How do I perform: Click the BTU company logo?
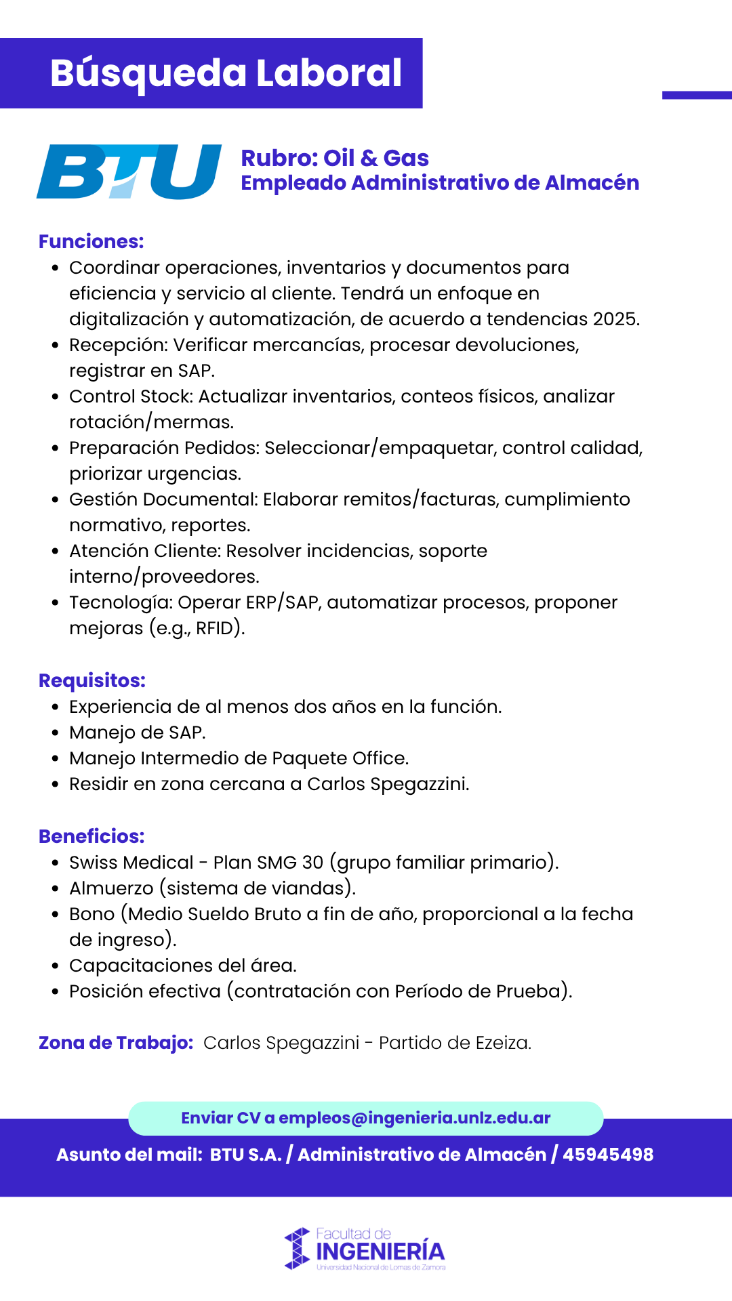[x=129, y=171]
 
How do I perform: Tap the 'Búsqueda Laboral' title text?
[x=226, y=73]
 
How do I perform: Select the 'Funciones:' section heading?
[x=91, y=242]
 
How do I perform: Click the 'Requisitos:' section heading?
[x=92, y=681]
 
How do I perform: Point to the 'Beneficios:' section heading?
[x=91, y=837]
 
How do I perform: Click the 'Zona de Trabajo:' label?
[x=116, y=1043]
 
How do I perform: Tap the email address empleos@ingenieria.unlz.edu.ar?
[x=414, y=1118]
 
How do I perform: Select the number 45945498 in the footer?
[x=608, y=1155]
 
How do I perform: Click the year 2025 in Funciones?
[x=615, y=319]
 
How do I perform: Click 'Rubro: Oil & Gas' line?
[x=335, y=159]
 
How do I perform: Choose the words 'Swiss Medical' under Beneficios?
[x=131, y=863]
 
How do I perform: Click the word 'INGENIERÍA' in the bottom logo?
[x=380, y=1252]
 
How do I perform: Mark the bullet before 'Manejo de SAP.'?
[x=56, y=733]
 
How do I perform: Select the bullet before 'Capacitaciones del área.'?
[x=56, y=966]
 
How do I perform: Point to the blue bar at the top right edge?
[x=697, y=96]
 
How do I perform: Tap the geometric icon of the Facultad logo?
[x=297, y=1248]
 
